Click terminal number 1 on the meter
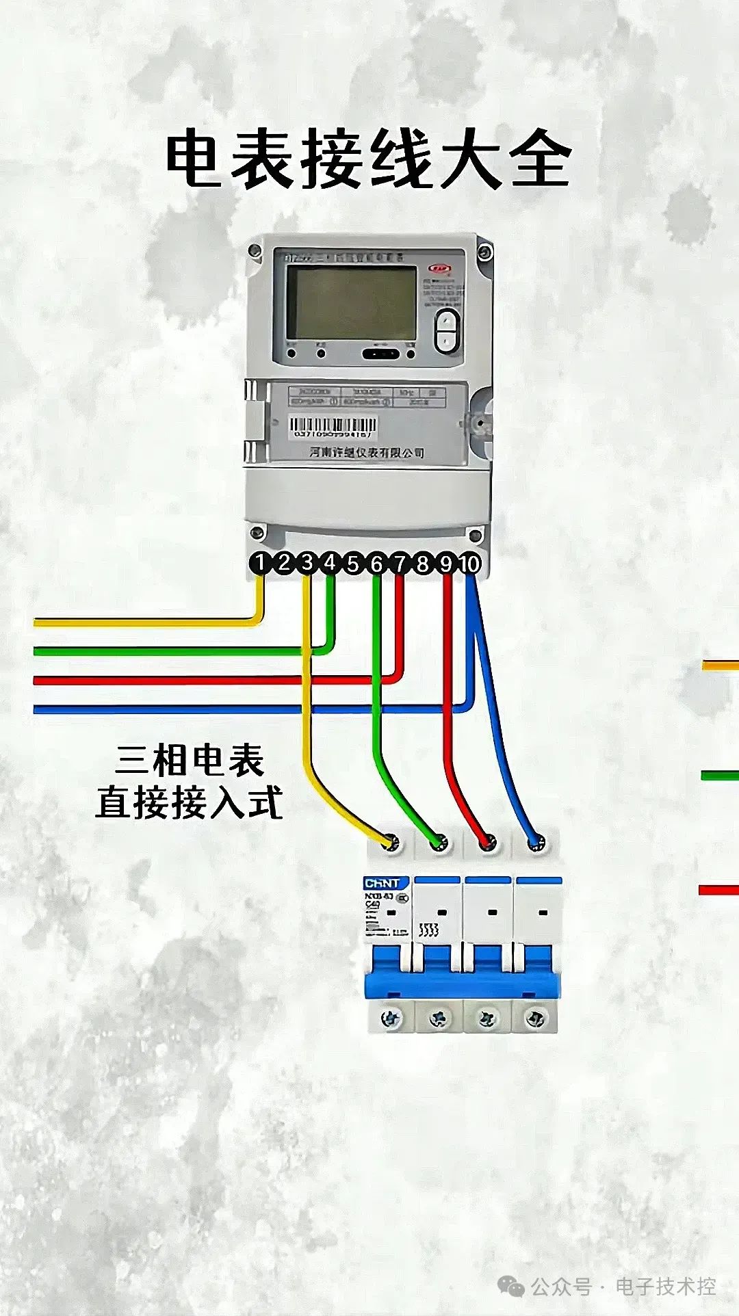(260, 563)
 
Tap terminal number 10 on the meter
(469, 564)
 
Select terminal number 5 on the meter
(353, 564)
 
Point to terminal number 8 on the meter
(423, 564)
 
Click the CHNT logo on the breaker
(382, 883)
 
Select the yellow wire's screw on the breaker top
(391, 842)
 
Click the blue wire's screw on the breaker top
(536, 842)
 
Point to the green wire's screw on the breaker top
(439, 842)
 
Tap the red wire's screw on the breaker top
(488, 842)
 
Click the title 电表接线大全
(369, 160)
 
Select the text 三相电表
(190, 760)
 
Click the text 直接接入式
(190, 802)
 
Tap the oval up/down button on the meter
(448, 330)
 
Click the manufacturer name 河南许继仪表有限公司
(367, 452)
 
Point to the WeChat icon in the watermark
(510, 1286)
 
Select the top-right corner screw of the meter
(484, 252)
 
